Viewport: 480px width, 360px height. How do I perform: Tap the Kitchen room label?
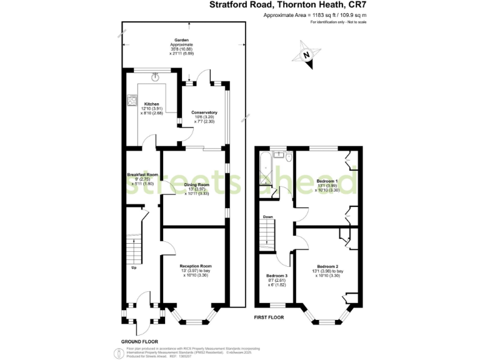tap(152, 104)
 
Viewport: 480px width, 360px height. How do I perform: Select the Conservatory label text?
tap(204, 112)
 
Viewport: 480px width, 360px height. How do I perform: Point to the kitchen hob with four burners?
tap(132, 99)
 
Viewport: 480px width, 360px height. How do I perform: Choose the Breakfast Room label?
tap(142, 174)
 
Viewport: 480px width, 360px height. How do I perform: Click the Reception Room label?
tap(196, 266)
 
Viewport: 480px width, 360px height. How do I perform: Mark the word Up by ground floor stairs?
tap(134, 268)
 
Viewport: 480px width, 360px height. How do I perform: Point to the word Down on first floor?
tap(267, 217)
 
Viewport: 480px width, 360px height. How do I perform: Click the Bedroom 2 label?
tap(327, 266)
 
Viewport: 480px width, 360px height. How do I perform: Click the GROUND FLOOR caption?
tap(138, 341)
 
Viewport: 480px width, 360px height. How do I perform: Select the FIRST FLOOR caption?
tap(269, 317)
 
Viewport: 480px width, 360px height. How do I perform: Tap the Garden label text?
tap(182, 39)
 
